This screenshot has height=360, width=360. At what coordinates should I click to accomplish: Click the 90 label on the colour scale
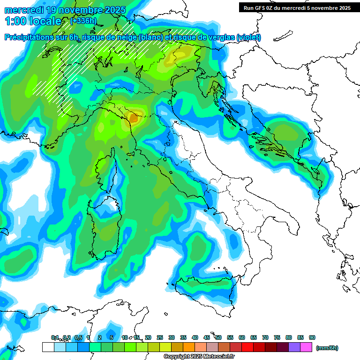[312, 337]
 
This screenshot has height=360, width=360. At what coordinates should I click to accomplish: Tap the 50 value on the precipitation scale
[218, 337]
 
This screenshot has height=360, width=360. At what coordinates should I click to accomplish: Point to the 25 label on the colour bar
[160, 337]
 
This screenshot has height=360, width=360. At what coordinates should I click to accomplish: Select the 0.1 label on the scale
[55, 337]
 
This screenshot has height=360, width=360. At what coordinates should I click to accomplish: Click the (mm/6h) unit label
[327, 348]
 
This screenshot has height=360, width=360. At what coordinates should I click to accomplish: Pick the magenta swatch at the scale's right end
[306, 347]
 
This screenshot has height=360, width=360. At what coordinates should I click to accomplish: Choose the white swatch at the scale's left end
[48, 347]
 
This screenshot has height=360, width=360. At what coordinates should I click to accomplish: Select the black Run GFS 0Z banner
[297, 7]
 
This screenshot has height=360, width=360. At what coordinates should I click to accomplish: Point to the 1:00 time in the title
[15, 21]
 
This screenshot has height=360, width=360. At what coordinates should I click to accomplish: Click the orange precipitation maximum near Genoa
[134, 118]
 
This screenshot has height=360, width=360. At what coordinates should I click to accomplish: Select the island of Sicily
[206, 291]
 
